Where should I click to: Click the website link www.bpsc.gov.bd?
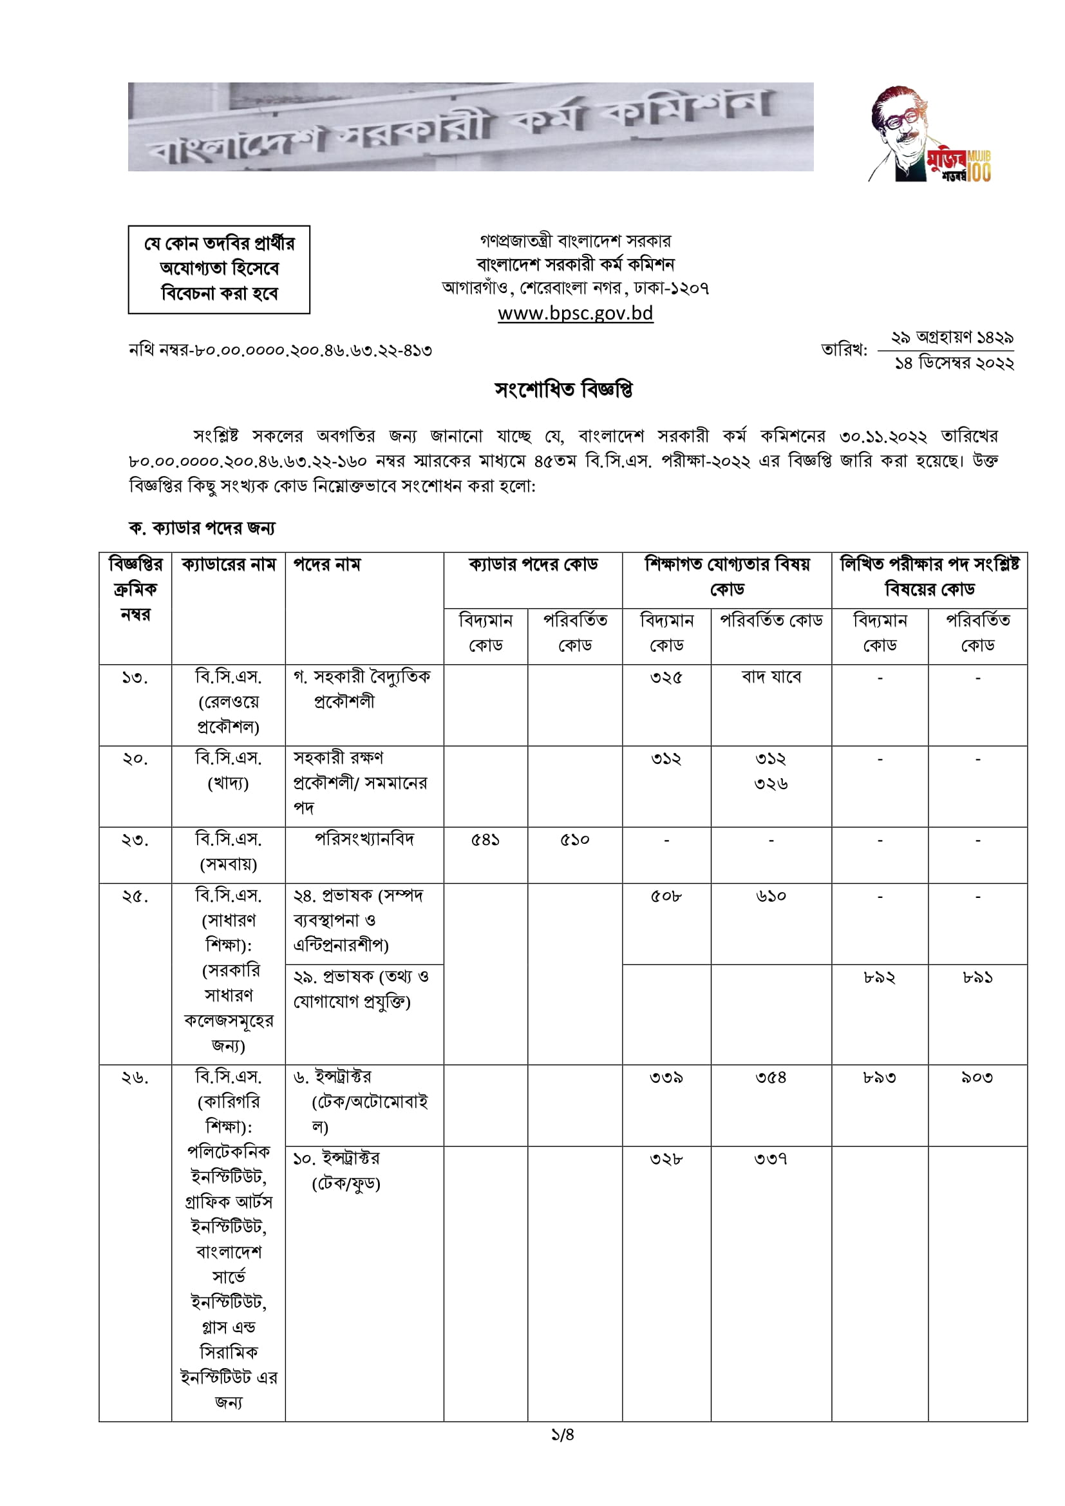pos(575,314)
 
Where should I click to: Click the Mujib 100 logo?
pos(930,135)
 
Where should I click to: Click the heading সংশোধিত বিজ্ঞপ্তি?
pos(563,390)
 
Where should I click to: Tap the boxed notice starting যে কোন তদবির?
pos(219,269)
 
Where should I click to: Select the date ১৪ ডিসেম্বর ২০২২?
pos(954,363)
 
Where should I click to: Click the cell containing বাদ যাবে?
pos(771,677)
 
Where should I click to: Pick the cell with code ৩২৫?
pos(666,678)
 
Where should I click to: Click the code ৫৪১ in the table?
pos(485,840)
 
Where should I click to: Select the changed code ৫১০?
pos(574,840)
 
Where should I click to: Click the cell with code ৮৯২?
pos(879,978)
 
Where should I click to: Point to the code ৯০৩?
pos(977,1078)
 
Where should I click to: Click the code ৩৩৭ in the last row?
pos(771,1159)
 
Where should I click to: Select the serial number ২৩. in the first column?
pos(135,840)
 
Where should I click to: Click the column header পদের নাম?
pos(326,565)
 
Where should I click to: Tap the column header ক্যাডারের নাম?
pos(228,565)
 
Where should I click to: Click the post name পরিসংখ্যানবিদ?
pos(364,839)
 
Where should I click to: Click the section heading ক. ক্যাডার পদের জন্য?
pos(202,528)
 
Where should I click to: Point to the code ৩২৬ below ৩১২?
pos(771,784)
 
